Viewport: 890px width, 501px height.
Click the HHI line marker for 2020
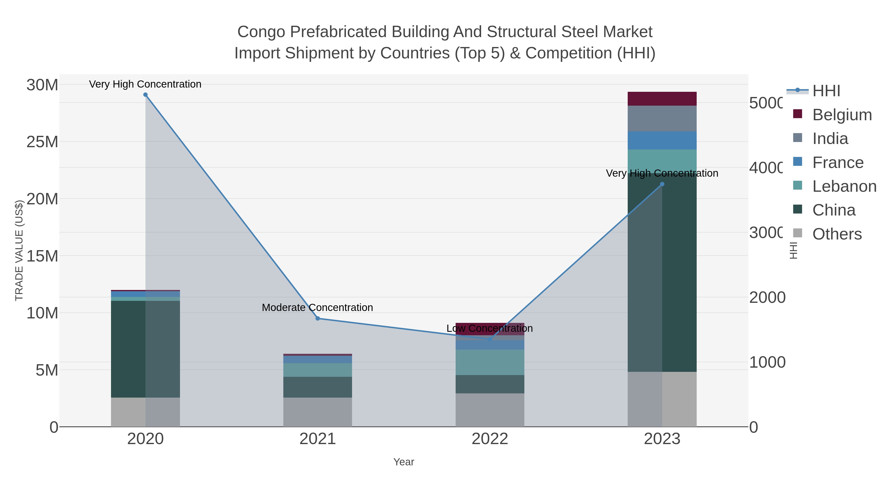145,95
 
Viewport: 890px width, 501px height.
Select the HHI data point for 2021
317,318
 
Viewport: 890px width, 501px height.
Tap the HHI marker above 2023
662,184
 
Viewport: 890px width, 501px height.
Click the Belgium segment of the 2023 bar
662,99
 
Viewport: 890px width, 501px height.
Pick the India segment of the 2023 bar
662,119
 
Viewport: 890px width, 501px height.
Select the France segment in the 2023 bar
662,140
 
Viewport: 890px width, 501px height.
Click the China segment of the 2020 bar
128,349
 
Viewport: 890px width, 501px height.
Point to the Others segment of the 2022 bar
489,410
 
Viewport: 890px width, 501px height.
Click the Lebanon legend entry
844,186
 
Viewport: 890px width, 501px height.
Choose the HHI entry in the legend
826,91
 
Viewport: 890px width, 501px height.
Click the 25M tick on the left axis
42,142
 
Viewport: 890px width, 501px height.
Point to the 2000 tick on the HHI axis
767,297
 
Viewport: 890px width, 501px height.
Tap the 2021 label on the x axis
317,439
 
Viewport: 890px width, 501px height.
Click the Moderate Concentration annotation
317,307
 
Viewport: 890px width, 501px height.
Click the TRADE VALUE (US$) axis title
19,250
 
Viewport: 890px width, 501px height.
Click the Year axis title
403,462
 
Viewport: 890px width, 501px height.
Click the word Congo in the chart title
261,32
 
